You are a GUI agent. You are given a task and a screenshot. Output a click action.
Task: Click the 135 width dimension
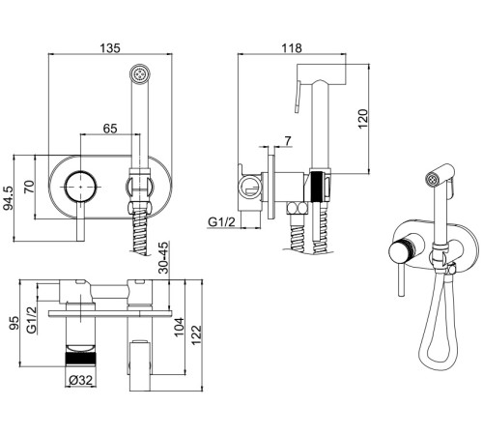pyautogui.click(x=110, y=48)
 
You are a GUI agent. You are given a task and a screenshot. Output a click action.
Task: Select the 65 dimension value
pyautogui.click(x=110, y=129)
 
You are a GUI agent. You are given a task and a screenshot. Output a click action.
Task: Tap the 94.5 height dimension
pyautogui.click(x=8, y=198)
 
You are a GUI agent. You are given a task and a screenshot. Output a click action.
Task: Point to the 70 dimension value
pyautogui.click(x=29, y=188)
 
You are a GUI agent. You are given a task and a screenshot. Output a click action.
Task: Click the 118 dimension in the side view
pyautogui.click(x=292, y=48)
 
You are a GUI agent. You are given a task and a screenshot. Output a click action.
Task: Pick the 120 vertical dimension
pyautogui.click(x=362, y=119)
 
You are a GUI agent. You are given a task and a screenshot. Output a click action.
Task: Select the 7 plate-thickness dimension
pyautogui.click(x=288, y=141)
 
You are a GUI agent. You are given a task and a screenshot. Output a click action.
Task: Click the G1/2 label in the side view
pyautogui.click(x=222, y=222)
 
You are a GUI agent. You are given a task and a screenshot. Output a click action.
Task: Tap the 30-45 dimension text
pyautogui.click(x=164, y=257)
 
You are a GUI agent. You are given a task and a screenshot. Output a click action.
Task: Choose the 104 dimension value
pyautogui.click(x=179, y=327)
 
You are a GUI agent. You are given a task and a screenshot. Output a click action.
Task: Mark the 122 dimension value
pyautogui.click(x=196, y=335)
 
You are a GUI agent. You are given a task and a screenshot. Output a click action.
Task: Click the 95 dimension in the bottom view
pyautogui.click(x=14, y=323)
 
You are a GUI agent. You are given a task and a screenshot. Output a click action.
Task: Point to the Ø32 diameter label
pyautogui.click(x=81, y=380)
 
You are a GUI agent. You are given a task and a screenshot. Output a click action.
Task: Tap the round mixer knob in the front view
pyautogui.click(x=80, y=187)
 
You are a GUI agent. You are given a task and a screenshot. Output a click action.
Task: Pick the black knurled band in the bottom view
pyautogui.click(x=81, y=359)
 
